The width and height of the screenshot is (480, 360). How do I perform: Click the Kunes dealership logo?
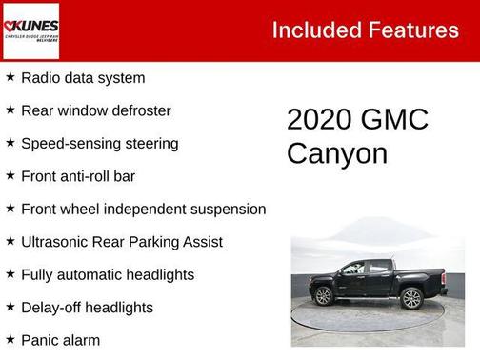pyautogui.click(x=30, y=30)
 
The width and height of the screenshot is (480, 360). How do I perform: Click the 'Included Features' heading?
pyautogui.click(x=365, y=30)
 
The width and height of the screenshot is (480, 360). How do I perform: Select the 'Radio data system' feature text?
pyautogui.click(x=83, y=78)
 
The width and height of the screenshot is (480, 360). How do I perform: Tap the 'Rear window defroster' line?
pyautogui.click(x=96, y=110)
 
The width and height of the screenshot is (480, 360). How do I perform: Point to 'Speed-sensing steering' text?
pyautogui.click(x=99, y=144)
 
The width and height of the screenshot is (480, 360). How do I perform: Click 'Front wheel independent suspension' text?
pyautogui.click(x=143, y=209)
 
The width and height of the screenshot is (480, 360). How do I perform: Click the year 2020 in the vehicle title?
pyautogui.click(x=319, y=120)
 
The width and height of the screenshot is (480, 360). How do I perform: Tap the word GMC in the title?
pyautogui.click(x=395, y=120)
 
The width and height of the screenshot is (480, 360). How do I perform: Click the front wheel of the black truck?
pyautogui.click(x=324, y=296)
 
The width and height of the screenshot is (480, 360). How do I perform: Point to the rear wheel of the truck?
pyautogui.click(x=411, y=298)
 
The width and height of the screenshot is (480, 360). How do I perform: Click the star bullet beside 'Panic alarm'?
pyautogui.click(x=10, y=339)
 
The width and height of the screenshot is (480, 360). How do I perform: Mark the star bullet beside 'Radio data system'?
pyautogui.click(x=10, y=77)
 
